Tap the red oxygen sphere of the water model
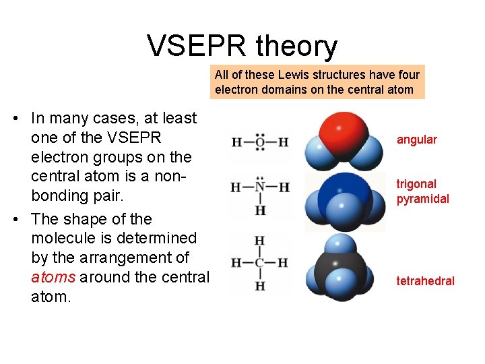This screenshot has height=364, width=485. point(339,130)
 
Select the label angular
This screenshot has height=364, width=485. point(416,140)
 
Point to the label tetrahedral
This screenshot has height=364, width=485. point(425,281)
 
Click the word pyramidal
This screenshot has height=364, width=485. point(422,200)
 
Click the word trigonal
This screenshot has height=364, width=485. point(416,184)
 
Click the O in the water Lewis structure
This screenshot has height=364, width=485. point(260,142)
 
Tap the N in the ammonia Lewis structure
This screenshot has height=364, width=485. point(260,187)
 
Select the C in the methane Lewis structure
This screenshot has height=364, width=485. point(260,263)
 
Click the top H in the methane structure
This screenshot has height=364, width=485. point(260,241)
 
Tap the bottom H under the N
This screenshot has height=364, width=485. point(260,210)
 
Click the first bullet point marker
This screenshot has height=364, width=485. point(15,119)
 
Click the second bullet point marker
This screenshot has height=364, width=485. point(15,220)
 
